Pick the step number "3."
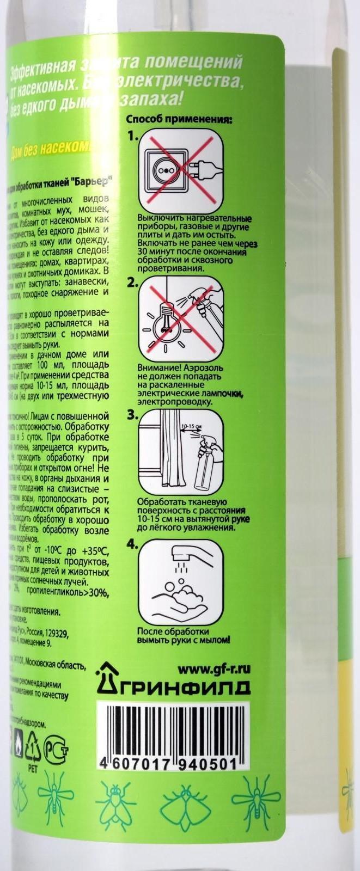[132, 401]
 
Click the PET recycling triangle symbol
[33, 746]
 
